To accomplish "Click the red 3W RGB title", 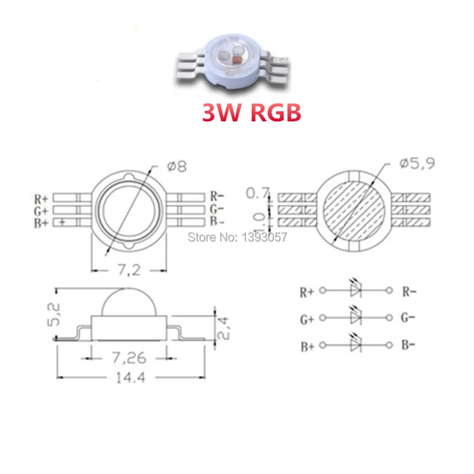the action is pyautogui.click(x=251, y=112).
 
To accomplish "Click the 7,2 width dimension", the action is pyautogui.click(x=128, y=271).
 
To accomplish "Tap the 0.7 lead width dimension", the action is pyautogui.click(x=258, y=193).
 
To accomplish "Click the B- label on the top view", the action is pyautogui.click(x=217, y=221).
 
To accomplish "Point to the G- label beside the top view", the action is pyautogui.click(x=217, y=209).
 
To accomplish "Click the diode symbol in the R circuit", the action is pyautogui.click(x=355, y=290).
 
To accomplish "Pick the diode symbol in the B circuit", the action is pyautogui.click(x=355, y=346).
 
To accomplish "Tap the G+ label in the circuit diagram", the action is pyautogui.click(x=307, y=319).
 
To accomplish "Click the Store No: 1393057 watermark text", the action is pyautogui.click(x=237, y=237).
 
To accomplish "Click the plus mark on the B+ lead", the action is pyautogui.click(x=63, y=222).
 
